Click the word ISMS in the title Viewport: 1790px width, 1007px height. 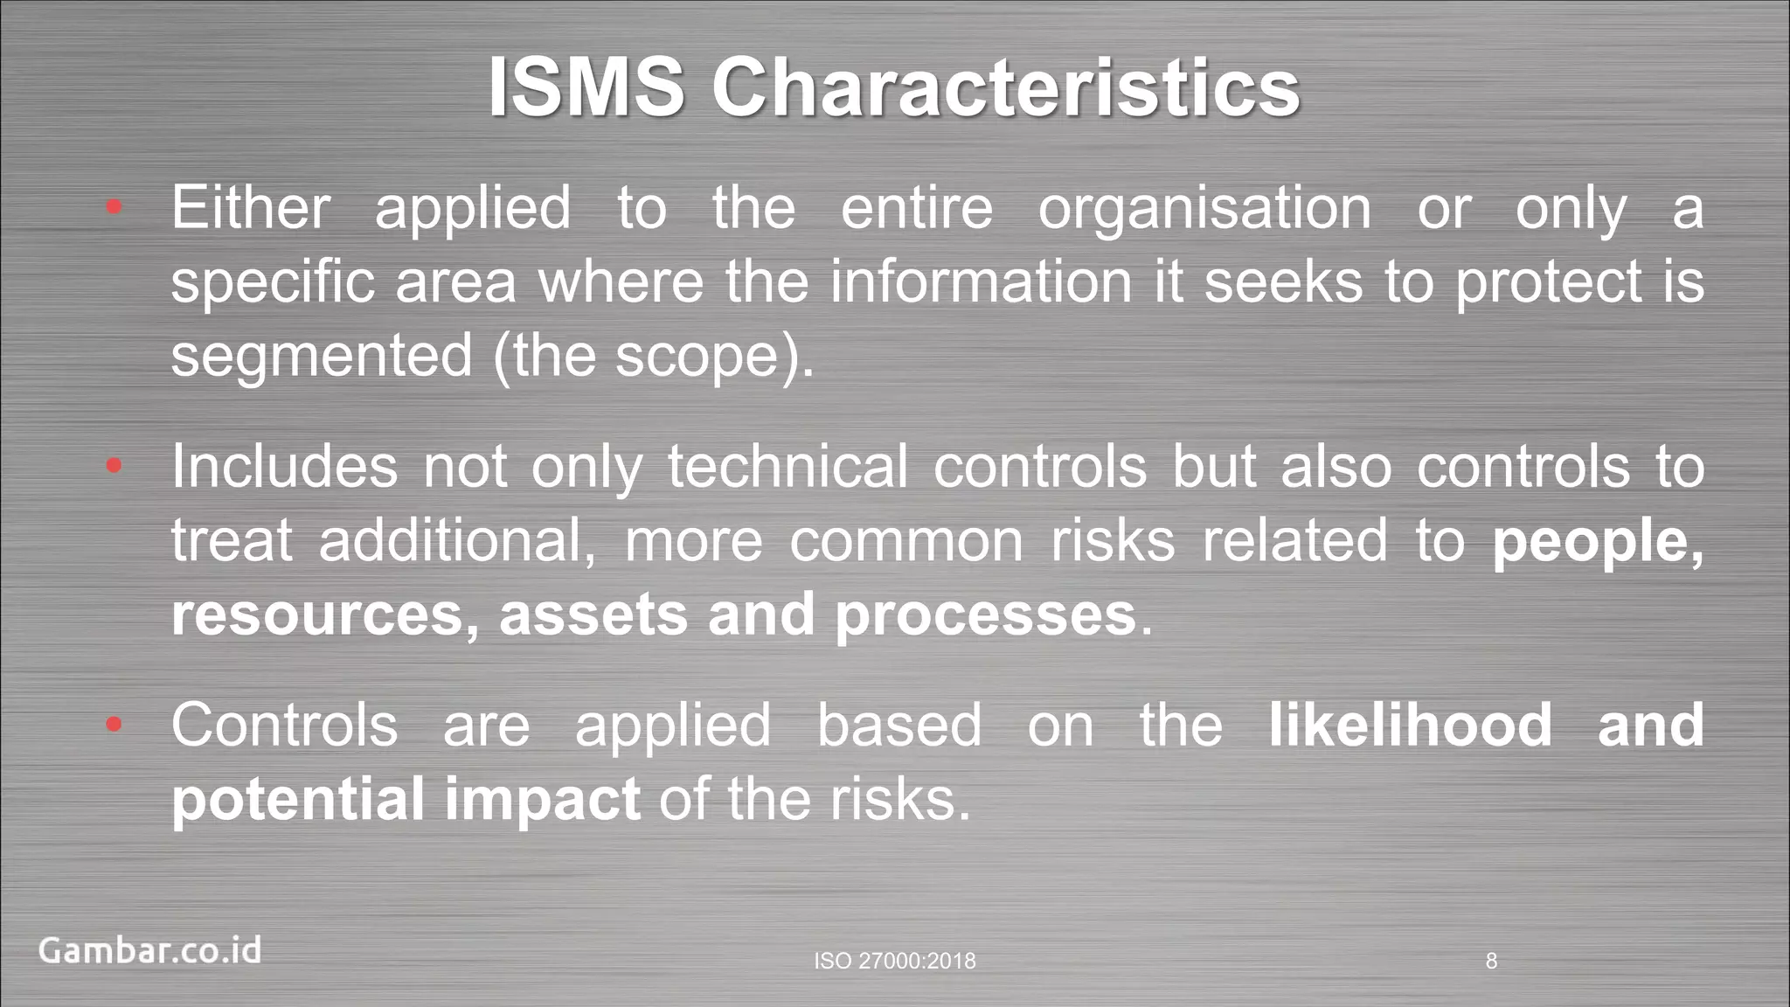click(586, 87)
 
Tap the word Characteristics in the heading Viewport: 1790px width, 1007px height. click(1006, 87)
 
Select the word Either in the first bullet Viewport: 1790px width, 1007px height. click(251, 208)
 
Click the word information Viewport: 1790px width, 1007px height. click(981, 281)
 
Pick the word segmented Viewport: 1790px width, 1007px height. click(321, 356)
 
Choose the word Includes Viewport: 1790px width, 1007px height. click(284, 466)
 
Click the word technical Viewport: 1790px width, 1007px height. click(787, 466)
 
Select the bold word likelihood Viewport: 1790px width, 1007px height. click(1410, 725)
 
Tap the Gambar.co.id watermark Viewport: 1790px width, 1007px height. click(149, 950)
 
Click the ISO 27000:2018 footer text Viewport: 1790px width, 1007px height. click(894, 962)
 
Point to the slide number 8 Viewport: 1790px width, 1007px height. click(1491, 962)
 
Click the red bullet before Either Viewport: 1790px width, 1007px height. click(114, 208)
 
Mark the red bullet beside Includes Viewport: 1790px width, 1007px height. click(114, 467)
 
